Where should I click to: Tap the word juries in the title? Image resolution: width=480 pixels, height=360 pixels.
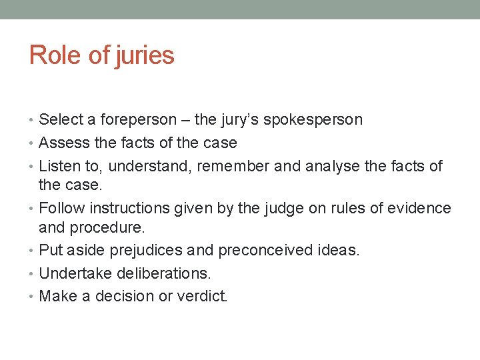[145, 55]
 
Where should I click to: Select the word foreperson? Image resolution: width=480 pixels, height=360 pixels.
[139, 120]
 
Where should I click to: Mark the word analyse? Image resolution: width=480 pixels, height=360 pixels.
[333, 166]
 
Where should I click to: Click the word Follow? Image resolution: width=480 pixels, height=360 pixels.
[60, 208]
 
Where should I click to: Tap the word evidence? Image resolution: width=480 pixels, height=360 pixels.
[418, 208]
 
